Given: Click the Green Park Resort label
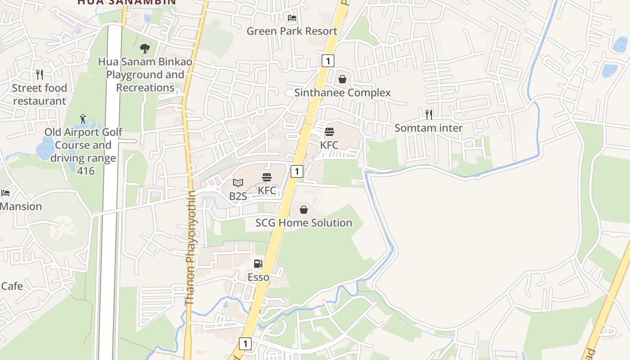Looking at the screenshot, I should [x=292, y=31].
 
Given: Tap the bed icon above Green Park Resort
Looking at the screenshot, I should [x=292, y=18].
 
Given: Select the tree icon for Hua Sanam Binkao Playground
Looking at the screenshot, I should [x=145, y=48].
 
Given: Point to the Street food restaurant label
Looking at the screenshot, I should [x=40, y=94].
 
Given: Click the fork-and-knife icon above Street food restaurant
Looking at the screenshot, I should [x=40, y=74].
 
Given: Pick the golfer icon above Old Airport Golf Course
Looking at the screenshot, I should [x=83, y=119].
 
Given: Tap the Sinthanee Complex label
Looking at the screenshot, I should [x=342, y=93].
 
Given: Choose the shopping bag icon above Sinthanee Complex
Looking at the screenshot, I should [x=342, y=80].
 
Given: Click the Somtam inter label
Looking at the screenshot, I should [x=428, y=128].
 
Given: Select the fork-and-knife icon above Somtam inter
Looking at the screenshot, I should [x=429, y=114].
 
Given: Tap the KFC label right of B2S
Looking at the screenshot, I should [x=267, y=190].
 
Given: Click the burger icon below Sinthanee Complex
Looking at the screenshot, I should [x=329, y=132].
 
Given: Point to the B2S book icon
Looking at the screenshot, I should [x=238, y=183].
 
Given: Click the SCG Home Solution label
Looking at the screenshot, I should [x=304, y=223].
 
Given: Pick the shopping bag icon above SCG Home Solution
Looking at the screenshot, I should [x=304, y=210].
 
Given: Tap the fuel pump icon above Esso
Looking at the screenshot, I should [x=258, y=264].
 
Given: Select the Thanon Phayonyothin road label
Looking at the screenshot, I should [x=190, y=247].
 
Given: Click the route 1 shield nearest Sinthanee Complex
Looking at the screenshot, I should [x=328, y=61].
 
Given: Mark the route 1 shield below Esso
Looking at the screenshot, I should [x=245, y=344].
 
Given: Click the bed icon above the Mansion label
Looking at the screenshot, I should [x=5, y=193].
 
